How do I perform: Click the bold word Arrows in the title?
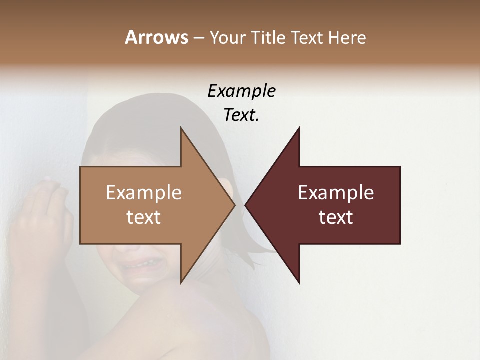click(x=156, y=37)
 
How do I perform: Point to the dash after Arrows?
click(x=198, y=38)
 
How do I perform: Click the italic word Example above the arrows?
click(x=241, y=91)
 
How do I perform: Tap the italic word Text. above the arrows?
click(x=241, y=115)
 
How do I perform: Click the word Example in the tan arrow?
click(x=144, y=193)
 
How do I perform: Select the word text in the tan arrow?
click(x=144, y=217)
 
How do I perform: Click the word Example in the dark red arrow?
click(x=336, y=193)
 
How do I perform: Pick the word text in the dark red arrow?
click(x=336, y=217)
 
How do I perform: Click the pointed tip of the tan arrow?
click(x=235, y=205)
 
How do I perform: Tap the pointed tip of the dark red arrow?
click(x=245, y=205)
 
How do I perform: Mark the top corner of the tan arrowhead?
click(x=181, y=128)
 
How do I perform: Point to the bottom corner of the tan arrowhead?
click(x=181, y=283)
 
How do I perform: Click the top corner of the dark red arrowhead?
click(x=299, y=128)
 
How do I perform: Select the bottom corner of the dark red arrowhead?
click(x=299, y=283)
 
